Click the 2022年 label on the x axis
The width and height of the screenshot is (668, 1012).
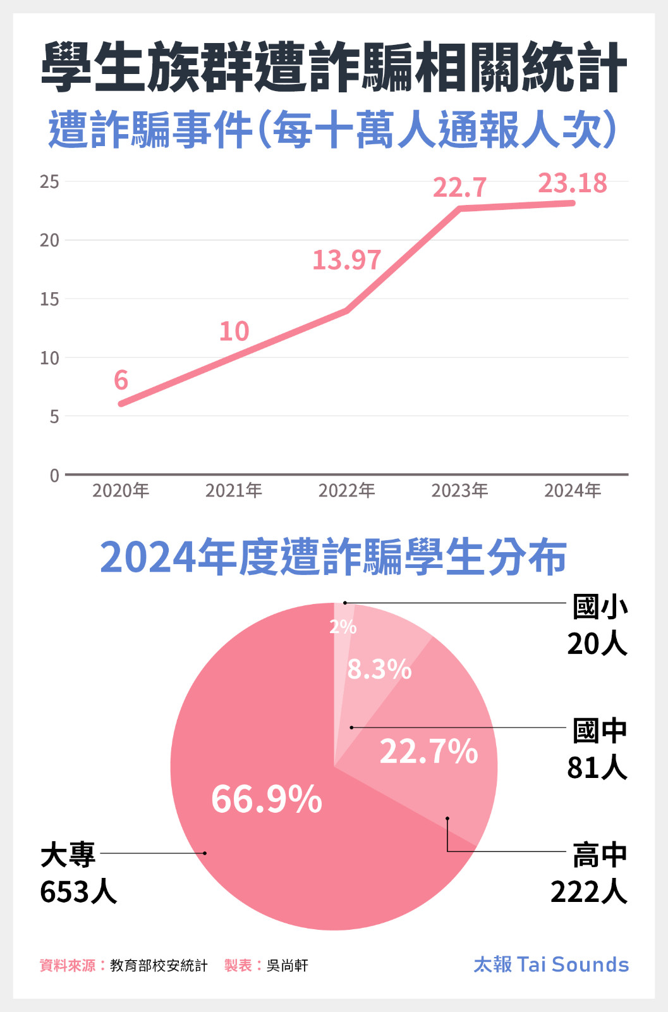pyautogui.click(x=346, y=490)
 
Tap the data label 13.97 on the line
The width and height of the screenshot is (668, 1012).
pyautogui.click(x=347, y=260)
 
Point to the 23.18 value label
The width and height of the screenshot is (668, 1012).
pyautogui.click(x=572, y=183)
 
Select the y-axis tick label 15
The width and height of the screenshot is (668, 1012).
pyautogui.click(x=49, y=299)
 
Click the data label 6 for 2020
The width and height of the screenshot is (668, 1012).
pyautogui.click(x=121, y=380)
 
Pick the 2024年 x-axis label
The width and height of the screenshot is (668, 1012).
pyautogui.click(x=573, y=490)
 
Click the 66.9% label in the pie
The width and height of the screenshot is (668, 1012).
pyautogui.click(x=267, y=799)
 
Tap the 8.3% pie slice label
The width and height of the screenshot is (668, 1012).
pyautogui.click(x=379, y=669)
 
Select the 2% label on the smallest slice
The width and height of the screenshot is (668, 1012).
pyautogui.click(x=343, y=627)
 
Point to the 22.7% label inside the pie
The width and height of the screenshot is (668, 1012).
pyautogui.click(x=428, y=751)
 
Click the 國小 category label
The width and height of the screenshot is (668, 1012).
pyautogui.click(x=600, y=607)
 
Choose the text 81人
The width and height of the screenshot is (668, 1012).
pyautogui.click(x=597, y=768)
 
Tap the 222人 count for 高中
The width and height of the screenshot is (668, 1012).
pyautogui.click(x=589, y=892)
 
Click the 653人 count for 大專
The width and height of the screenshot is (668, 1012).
pyautogui.click(x=78, y=892)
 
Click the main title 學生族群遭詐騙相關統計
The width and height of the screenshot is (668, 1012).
pyautogui.click(x=334, y=68)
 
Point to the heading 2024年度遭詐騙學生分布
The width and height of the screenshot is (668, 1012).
pyautogui.click(x=333, y=557)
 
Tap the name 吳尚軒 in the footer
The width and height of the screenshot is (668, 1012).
pyautogui.click(x=288, y=966)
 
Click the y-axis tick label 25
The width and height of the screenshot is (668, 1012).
pyautogui.click(x=49, y=182)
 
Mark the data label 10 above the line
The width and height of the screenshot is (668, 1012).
pyautogui.click(x=234, y=331)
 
